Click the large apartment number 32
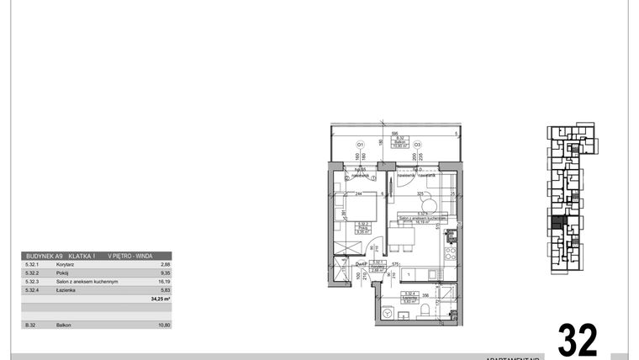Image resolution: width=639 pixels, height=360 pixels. tap(578, 340)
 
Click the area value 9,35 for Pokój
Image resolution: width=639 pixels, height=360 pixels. tap(165, 273)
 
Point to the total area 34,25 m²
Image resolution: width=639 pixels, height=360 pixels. tap(160, 299)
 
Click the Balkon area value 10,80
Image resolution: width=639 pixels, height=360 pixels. tap(164, 325)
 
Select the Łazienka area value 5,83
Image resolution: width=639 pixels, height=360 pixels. tap(165, 289)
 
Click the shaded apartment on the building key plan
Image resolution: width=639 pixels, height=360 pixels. tap(557, 226)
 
